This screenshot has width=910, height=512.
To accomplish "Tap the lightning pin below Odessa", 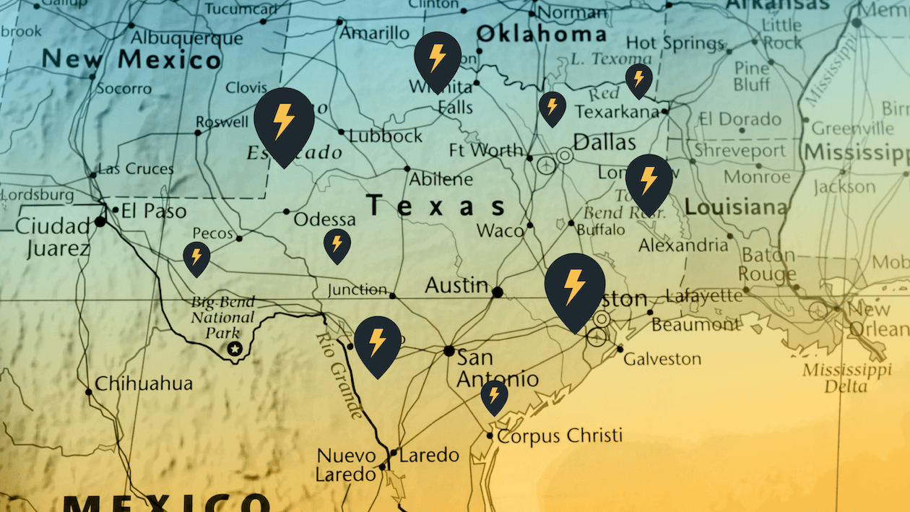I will coord(337,245).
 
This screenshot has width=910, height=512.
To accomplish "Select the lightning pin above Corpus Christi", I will coord(494,396).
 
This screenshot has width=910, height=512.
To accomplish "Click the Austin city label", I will coord(456,286).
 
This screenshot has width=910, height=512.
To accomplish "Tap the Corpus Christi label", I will coord(560,436).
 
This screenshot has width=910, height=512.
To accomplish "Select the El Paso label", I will coord(153,212).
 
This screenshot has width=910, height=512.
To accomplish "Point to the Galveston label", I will coord(662,359).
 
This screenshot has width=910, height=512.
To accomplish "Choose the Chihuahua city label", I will coord(144,383).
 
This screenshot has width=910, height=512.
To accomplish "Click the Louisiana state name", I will coord(736,208).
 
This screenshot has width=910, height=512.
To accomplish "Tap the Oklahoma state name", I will coord(541,34).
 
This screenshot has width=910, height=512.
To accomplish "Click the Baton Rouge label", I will coord(768,265).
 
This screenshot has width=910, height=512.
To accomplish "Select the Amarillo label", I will coord(374,33).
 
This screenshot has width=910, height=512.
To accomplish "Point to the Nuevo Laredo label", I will coord(347,465).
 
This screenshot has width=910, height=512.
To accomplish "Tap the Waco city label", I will coord(500,231).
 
